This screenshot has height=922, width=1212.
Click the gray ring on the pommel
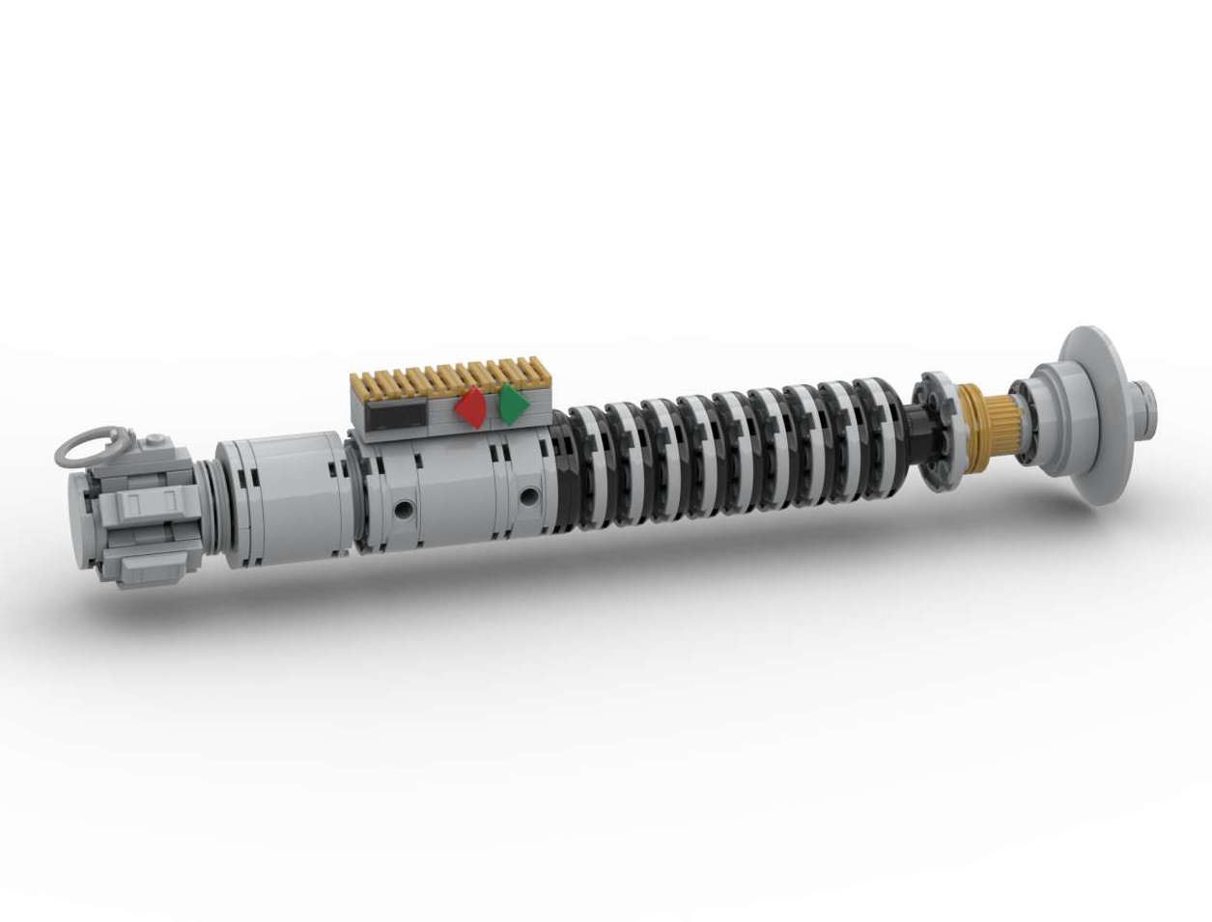click(87, 447)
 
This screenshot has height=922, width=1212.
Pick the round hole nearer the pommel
click(400, 506)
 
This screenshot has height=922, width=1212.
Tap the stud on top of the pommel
click(155, 443)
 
